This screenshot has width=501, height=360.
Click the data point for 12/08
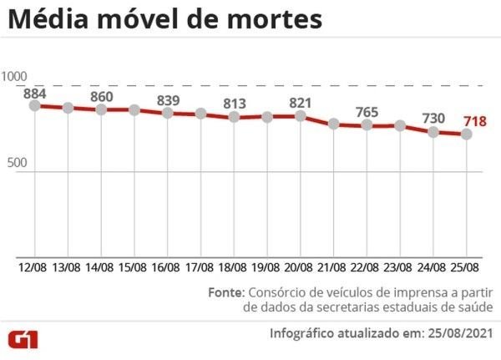(34, 106)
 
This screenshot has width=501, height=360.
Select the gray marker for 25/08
(467, 134)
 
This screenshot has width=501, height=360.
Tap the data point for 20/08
(301, 116)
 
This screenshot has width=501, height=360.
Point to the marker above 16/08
(167, 113)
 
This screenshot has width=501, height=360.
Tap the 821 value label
(301, 103)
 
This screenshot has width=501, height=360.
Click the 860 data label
(101, 96)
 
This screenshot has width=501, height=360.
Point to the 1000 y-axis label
(15, 77)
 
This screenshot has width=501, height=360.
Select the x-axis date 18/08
(234, 267)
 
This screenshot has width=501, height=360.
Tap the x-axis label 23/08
(400, 267)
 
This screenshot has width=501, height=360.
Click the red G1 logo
(28, 338)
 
